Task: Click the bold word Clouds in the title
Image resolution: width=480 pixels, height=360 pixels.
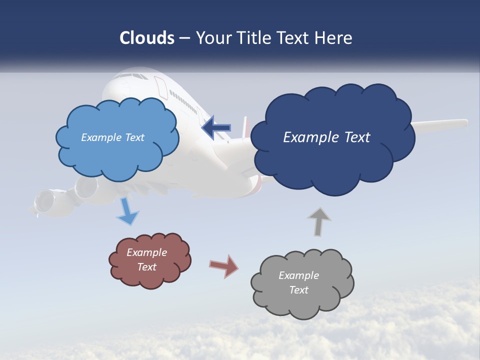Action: coord(147,38)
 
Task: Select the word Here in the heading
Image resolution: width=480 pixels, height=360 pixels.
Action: coord(334,38)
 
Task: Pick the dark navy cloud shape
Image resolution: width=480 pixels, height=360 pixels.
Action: coord(332,165)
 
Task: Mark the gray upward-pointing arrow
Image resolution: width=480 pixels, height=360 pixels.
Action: coord(319,221)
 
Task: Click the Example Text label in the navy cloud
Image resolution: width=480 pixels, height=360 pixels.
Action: coord(326,137)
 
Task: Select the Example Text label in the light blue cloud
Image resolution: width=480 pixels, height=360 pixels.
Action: coord(112,137)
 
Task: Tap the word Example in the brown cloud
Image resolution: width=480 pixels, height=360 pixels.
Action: coord(146,252)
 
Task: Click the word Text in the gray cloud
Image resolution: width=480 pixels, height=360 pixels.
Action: coord(298,290)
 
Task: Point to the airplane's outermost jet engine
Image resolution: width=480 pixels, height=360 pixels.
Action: coord(44,202)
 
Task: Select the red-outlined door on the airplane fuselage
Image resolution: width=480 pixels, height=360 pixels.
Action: coord(161,87)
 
